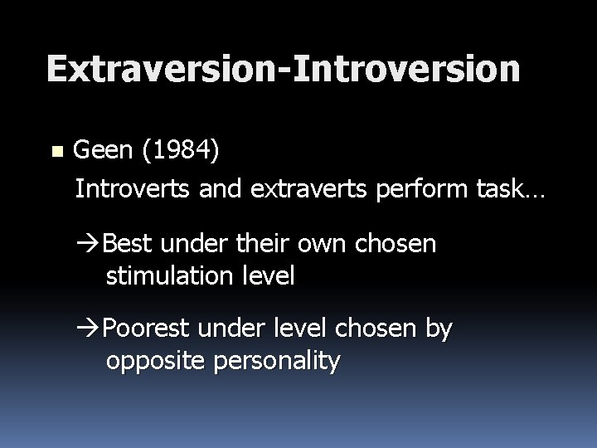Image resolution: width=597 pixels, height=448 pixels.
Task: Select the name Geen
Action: pos(103,152)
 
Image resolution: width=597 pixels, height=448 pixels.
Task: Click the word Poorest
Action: pos(146,330)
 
